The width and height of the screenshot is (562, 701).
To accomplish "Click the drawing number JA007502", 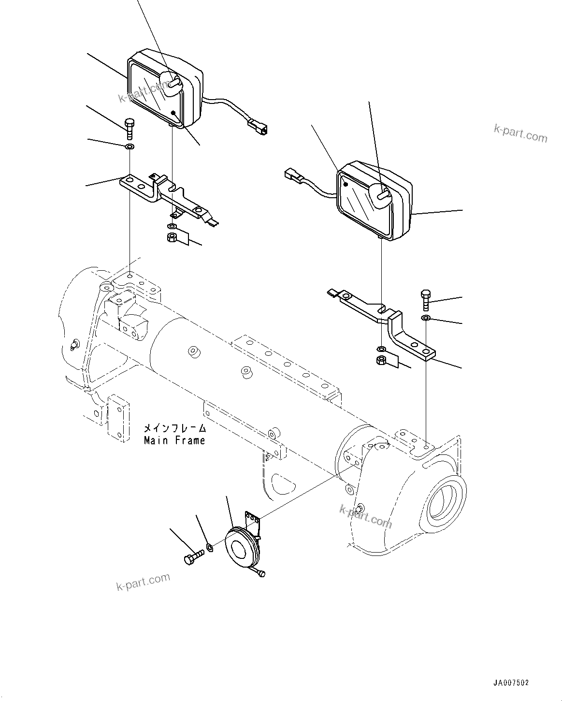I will [x=511, y=683].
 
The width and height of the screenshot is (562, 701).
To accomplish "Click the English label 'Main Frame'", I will [x=174, y=440].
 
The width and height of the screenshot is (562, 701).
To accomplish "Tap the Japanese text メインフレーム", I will [x=174, y=428].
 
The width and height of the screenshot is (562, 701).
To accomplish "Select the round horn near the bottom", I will [x=240, y=548].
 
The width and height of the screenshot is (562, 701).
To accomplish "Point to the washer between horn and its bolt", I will [x=210, y=547].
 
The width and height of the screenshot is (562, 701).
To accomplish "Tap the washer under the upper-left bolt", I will [x=130, y=146].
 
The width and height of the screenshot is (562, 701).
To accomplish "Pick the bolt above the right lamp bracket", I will [x=425, y=299].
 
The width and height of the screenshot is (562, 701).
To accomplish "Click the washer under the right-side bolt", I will [x=426, y=318].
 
